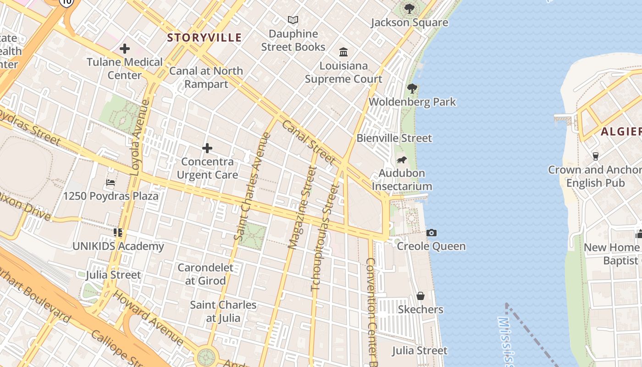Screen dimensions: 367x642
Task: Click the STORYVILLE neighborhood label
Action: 204,38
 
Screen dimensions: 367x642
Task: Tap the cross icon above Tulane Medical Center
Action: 124,49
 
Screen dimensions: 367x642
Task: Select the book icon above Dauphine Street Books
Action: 293,20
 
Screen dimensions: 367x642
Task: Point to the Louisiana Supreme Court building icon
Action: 343,52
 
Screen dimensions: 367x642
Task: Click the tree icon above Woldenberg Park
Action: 412,88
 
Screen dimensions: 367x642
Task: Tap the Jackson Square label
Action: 409,22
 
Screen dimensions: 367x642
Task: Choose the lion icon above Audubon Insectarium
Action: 402,160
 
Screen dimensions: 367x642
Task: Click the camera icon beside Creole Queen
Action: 431,233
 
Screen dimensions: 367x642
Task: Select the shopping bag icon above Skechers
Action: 421,296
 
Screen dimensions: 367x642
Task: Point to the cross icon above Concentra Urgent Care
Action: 207,148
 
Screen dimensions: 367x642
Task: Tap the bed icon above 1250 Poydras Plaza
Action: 111,183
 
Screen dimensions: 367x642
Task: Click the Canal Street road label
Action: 308,143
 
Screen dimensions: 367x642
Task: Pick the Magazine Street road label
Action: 302,207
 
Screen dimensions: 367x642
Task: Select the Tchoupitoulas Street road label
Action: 325,238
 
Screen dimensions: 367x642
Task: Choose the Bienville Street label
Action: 394,138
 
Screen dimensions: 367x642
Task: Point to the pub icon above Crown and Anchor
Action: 595,156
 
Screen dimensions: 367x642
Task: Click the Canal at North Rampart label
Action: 206,78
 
